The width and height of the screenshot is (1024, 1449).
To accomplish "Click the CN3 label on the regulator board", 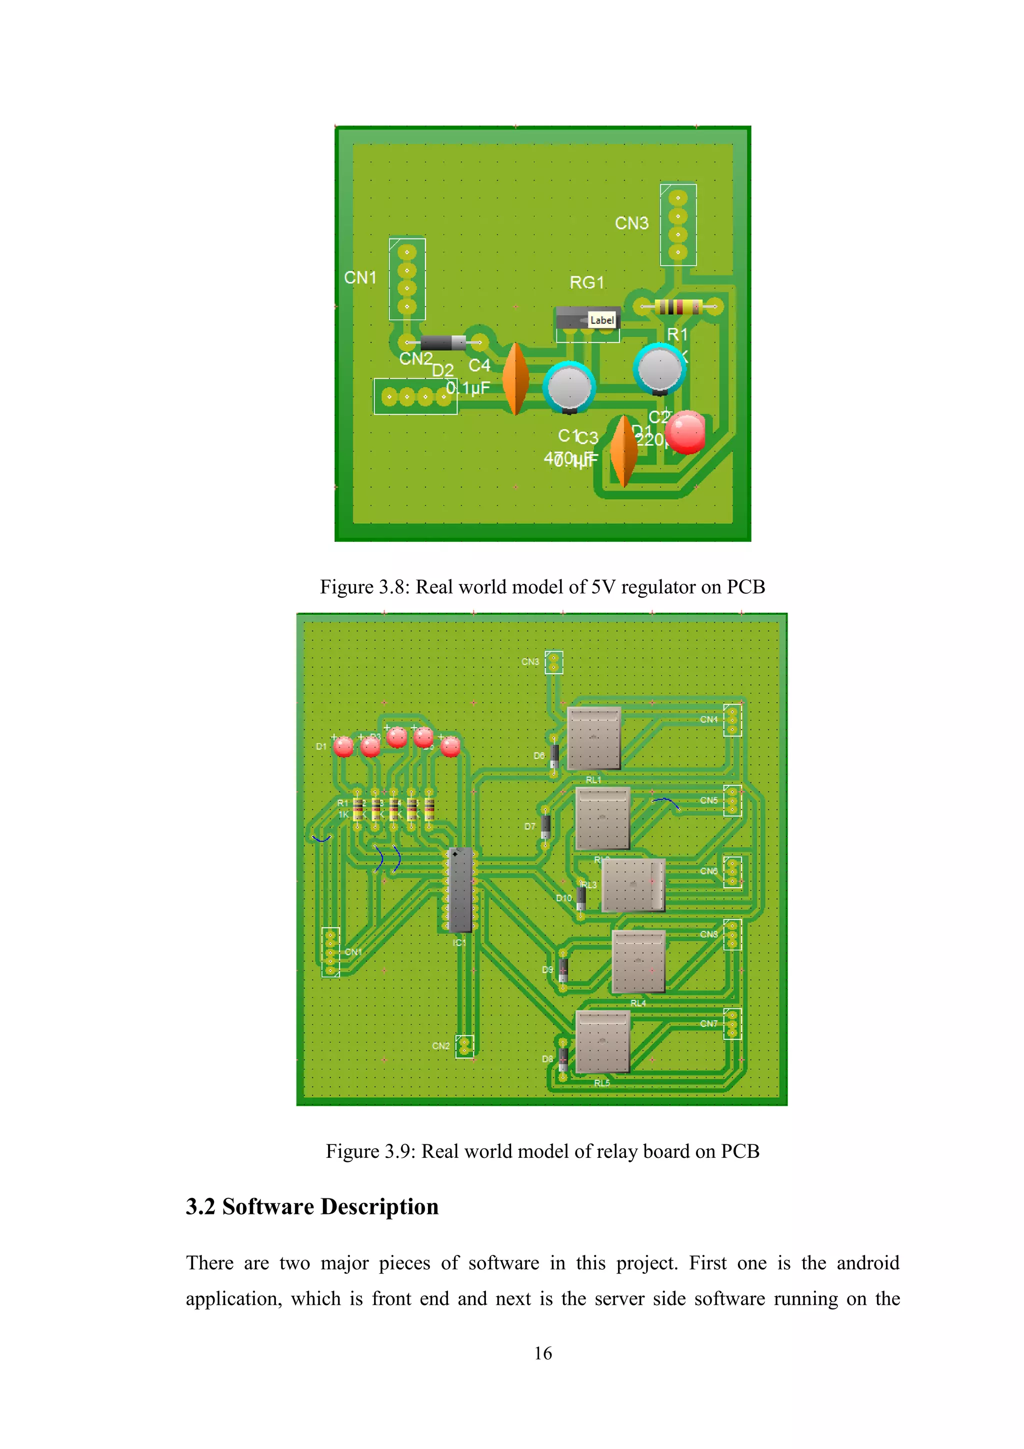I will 631,224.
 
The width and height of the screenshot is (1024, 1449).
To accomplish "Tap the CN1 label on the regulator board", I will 360,278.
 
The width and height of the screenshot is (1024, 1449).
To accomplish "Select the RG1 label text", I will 587,283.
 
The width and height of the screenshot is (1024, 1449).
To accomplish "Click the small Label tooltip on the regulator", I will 602,320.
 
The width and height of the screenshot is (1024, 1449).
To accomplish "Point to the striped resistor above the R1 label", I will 678,307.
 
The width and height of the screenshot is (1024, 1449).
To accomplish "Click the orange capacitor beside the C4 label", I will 516,379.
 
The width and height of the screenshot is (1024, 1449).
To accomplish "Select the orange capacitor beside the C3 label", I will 624,451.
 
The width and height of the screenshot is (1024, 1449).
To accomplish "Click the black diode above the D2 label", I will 443,343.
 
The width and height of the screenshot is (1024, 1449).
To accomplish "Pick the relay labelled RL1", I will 593,738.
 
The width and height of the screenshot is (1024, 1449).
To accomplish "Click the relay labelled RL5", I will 602,1042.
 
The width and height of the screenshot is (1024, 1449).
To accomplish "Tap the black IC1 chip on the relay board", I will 460,890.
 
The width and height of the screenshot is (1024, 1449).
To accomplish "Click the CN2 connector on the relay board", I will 464,1046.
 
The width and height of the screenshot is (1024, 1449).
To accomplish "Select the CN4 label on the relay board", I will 708,719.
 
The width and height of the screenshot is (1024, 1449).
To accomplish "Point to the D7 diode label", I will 530,826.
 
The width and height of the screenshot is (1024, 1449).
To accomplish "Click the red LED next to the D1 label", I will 343,747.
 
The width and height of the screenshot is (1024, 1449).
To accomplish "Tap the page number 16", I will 542,1353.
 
